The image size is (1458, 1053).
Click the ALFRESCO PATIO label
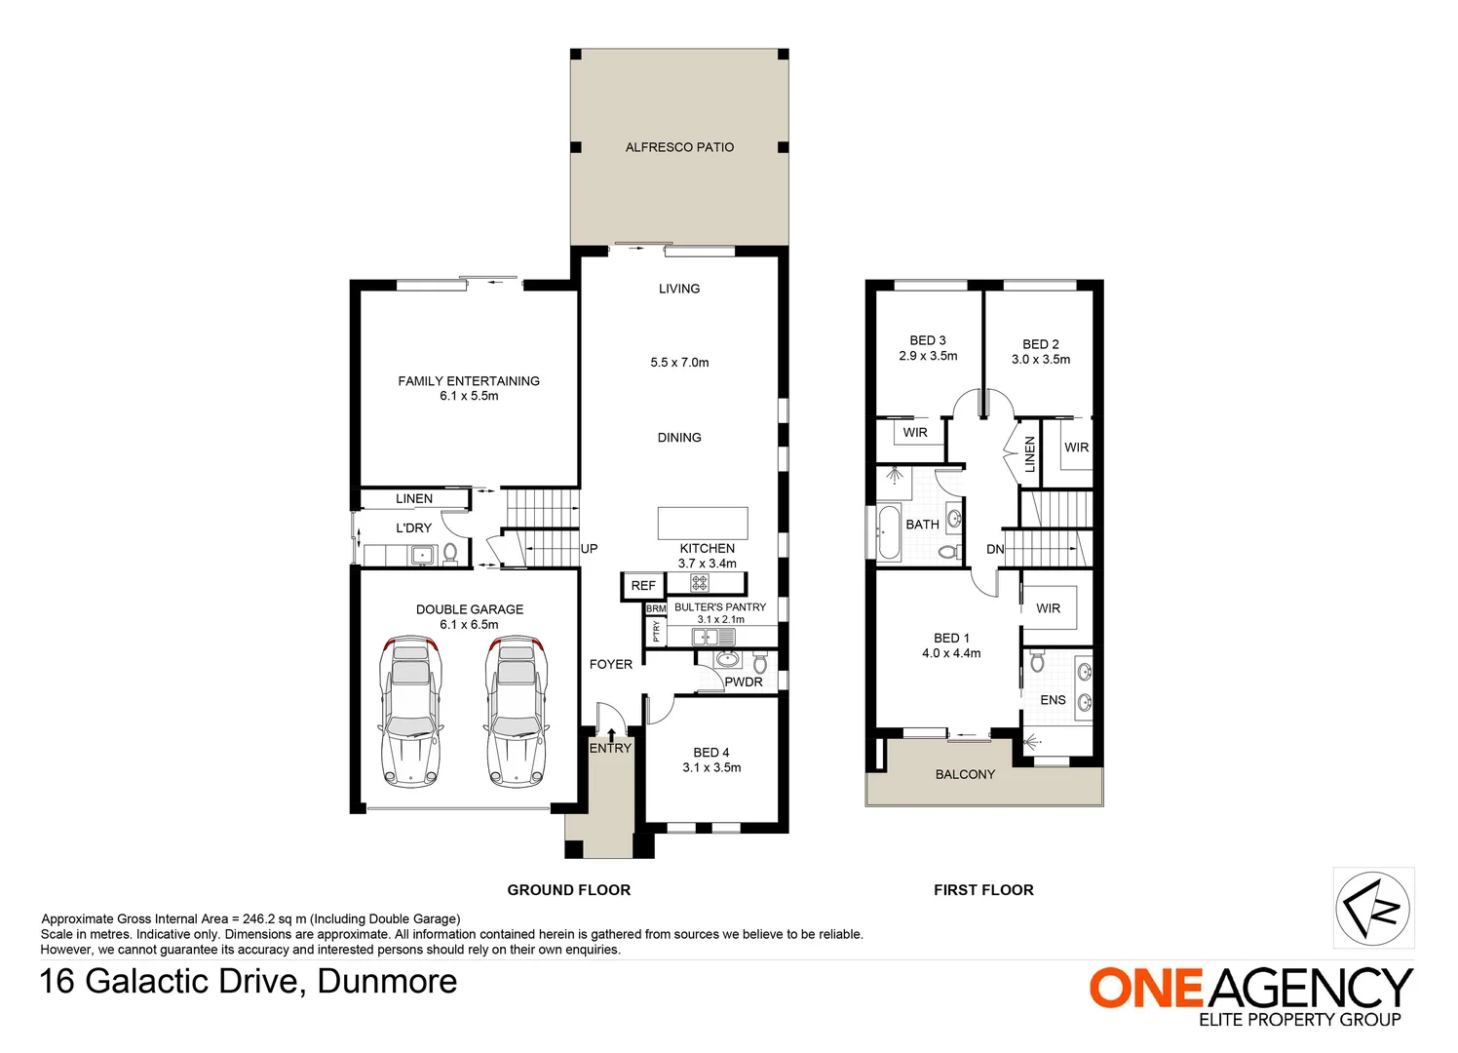click(679, 147)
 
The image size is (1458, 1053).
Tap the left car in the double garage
click(409, 711)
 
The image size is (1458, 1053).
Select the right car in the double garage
click(517, 711)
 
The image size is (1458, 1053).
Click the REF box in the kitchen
click(643, 586)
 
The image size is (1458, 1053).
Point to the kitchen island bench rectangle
click(703, 523)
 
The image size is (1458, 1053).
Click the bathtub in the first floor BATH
click(889, 532)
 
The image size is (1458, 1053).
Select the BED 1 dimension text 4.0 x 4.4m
click(951, 653)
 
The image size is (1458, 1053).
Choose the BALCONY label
click(965, 774)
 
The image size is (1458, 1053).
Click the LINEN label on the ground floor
click(414, 498)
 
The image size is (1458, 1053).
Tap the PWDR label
click(744, 682)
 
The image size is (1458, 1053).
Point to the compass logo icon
click(1373, 908)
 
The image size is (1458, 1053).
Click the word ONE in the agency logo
click(1146, 988)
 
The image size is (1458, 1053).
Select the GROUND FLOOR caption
click(569, 890)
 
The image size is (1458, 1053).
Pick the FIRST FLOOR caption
click(983, 890)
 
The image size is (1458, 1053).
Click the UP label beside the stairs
click(590, 549)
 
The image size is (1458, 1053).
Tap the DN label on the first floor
click(995, 550)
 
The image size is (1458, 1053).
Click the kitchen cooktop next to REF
click(700, 584)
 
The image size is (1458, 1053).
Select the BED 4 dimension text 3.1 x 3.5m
click(711, 767)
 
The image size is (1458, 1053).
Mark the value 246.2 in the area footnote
click(261, 918)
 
